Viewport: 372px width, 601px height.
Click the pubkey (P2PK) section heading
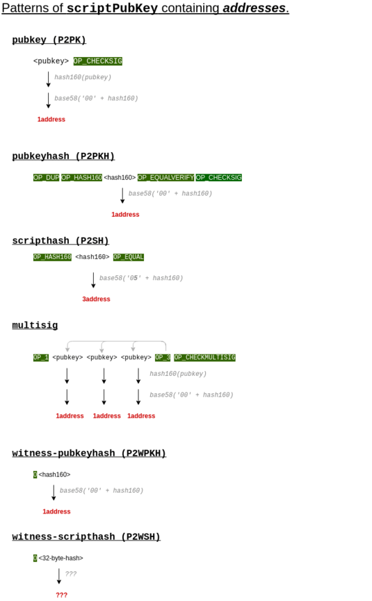coord(49,40)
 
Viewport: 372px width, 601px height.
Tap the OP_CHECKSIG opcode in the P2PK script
coord(98,61)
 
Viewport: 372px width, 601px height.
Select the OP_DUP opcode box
coord(46,178)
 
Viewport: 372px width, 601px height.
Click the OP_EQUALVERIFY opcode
coord(165,178)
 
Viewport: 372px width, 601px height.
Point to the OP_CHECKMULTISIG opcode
coord(205,357)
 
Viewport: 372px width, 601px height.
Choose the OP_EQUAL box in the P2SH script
coord(128,257)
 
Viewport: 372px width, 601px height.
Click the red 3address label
coord(96,299)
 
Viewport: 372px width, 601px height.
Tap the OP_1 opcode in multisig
coord(41,357)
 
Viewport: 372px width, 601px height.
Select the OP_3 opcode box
coord(163,357)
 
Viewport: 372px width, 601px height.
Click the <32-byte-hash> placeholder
coord(61,558)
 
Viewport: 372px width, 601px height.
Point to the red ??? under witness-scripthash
coord(61,595)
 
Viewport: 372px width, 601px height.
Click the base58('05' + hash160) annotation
coord(141,278)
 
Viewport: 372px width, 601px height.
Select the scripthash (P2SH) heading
coord(61,241)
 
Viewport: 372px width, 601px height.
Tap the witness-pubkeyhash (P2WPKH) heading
coord(89,453)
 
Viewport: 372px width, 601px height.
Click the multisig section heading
coord(35,326)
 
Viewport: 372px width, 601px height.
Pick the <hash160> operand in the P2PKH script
coord(120,178)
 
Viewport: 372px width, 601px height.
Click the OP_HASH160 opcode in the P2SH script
coord(52,257)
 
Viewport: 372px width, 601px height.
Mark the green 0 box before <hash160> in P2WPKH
coord(35,474)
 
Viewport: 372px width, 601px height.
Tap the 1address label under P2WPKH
coord(56,512)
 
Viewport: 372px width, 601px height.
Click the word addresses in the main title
coord(254,8)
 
